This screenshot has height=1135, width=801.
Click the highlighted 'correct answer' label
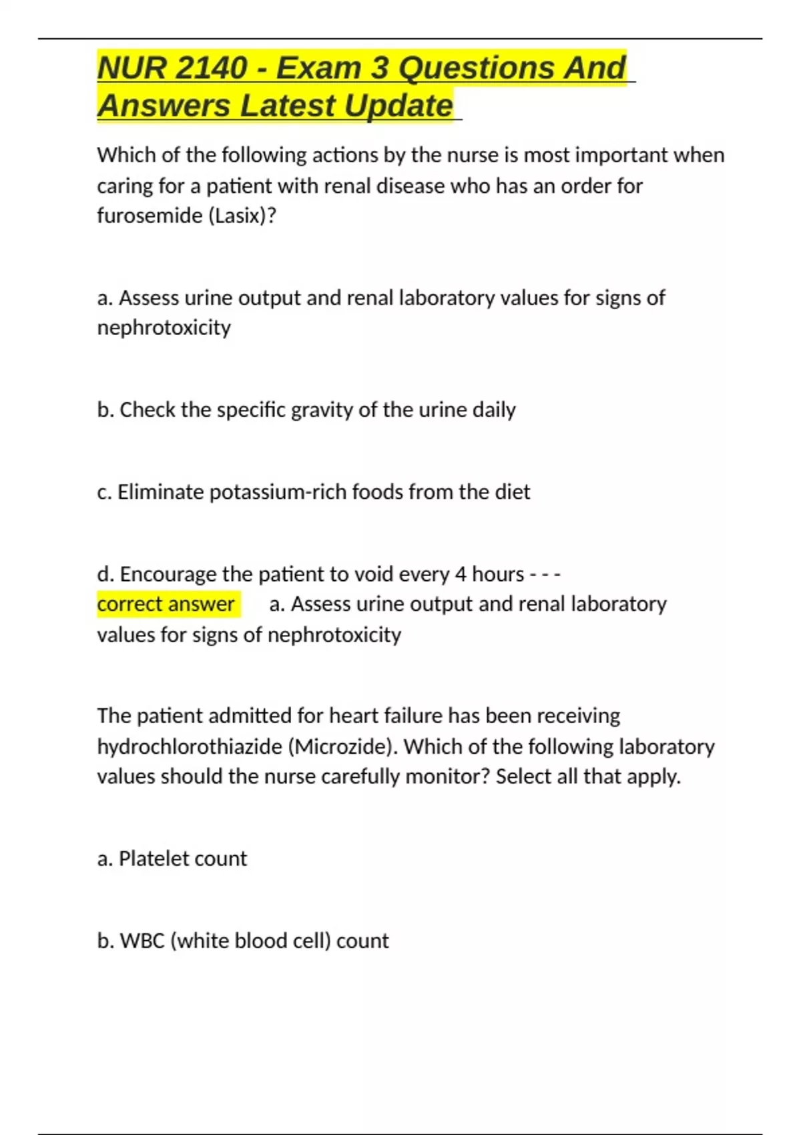166,604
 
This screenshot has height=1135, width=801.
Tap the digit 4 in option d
461,574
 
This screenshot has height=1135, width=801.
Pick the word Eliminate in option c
161,492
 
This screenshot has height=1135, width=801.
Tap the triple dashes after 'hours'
545,574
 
